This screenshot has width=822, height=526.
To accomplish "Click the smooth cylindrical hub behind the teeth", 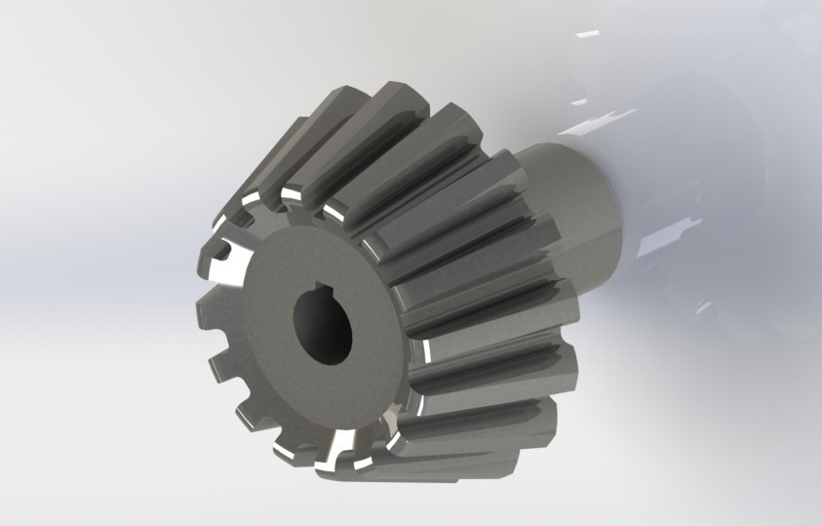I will [x=575, y=195].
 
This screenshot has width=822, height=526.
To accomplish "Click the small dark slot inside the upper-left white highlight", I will [x=226, y=256].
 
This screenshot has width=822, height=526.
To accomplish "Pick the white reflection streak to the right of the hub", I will [x=673, y=235].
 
